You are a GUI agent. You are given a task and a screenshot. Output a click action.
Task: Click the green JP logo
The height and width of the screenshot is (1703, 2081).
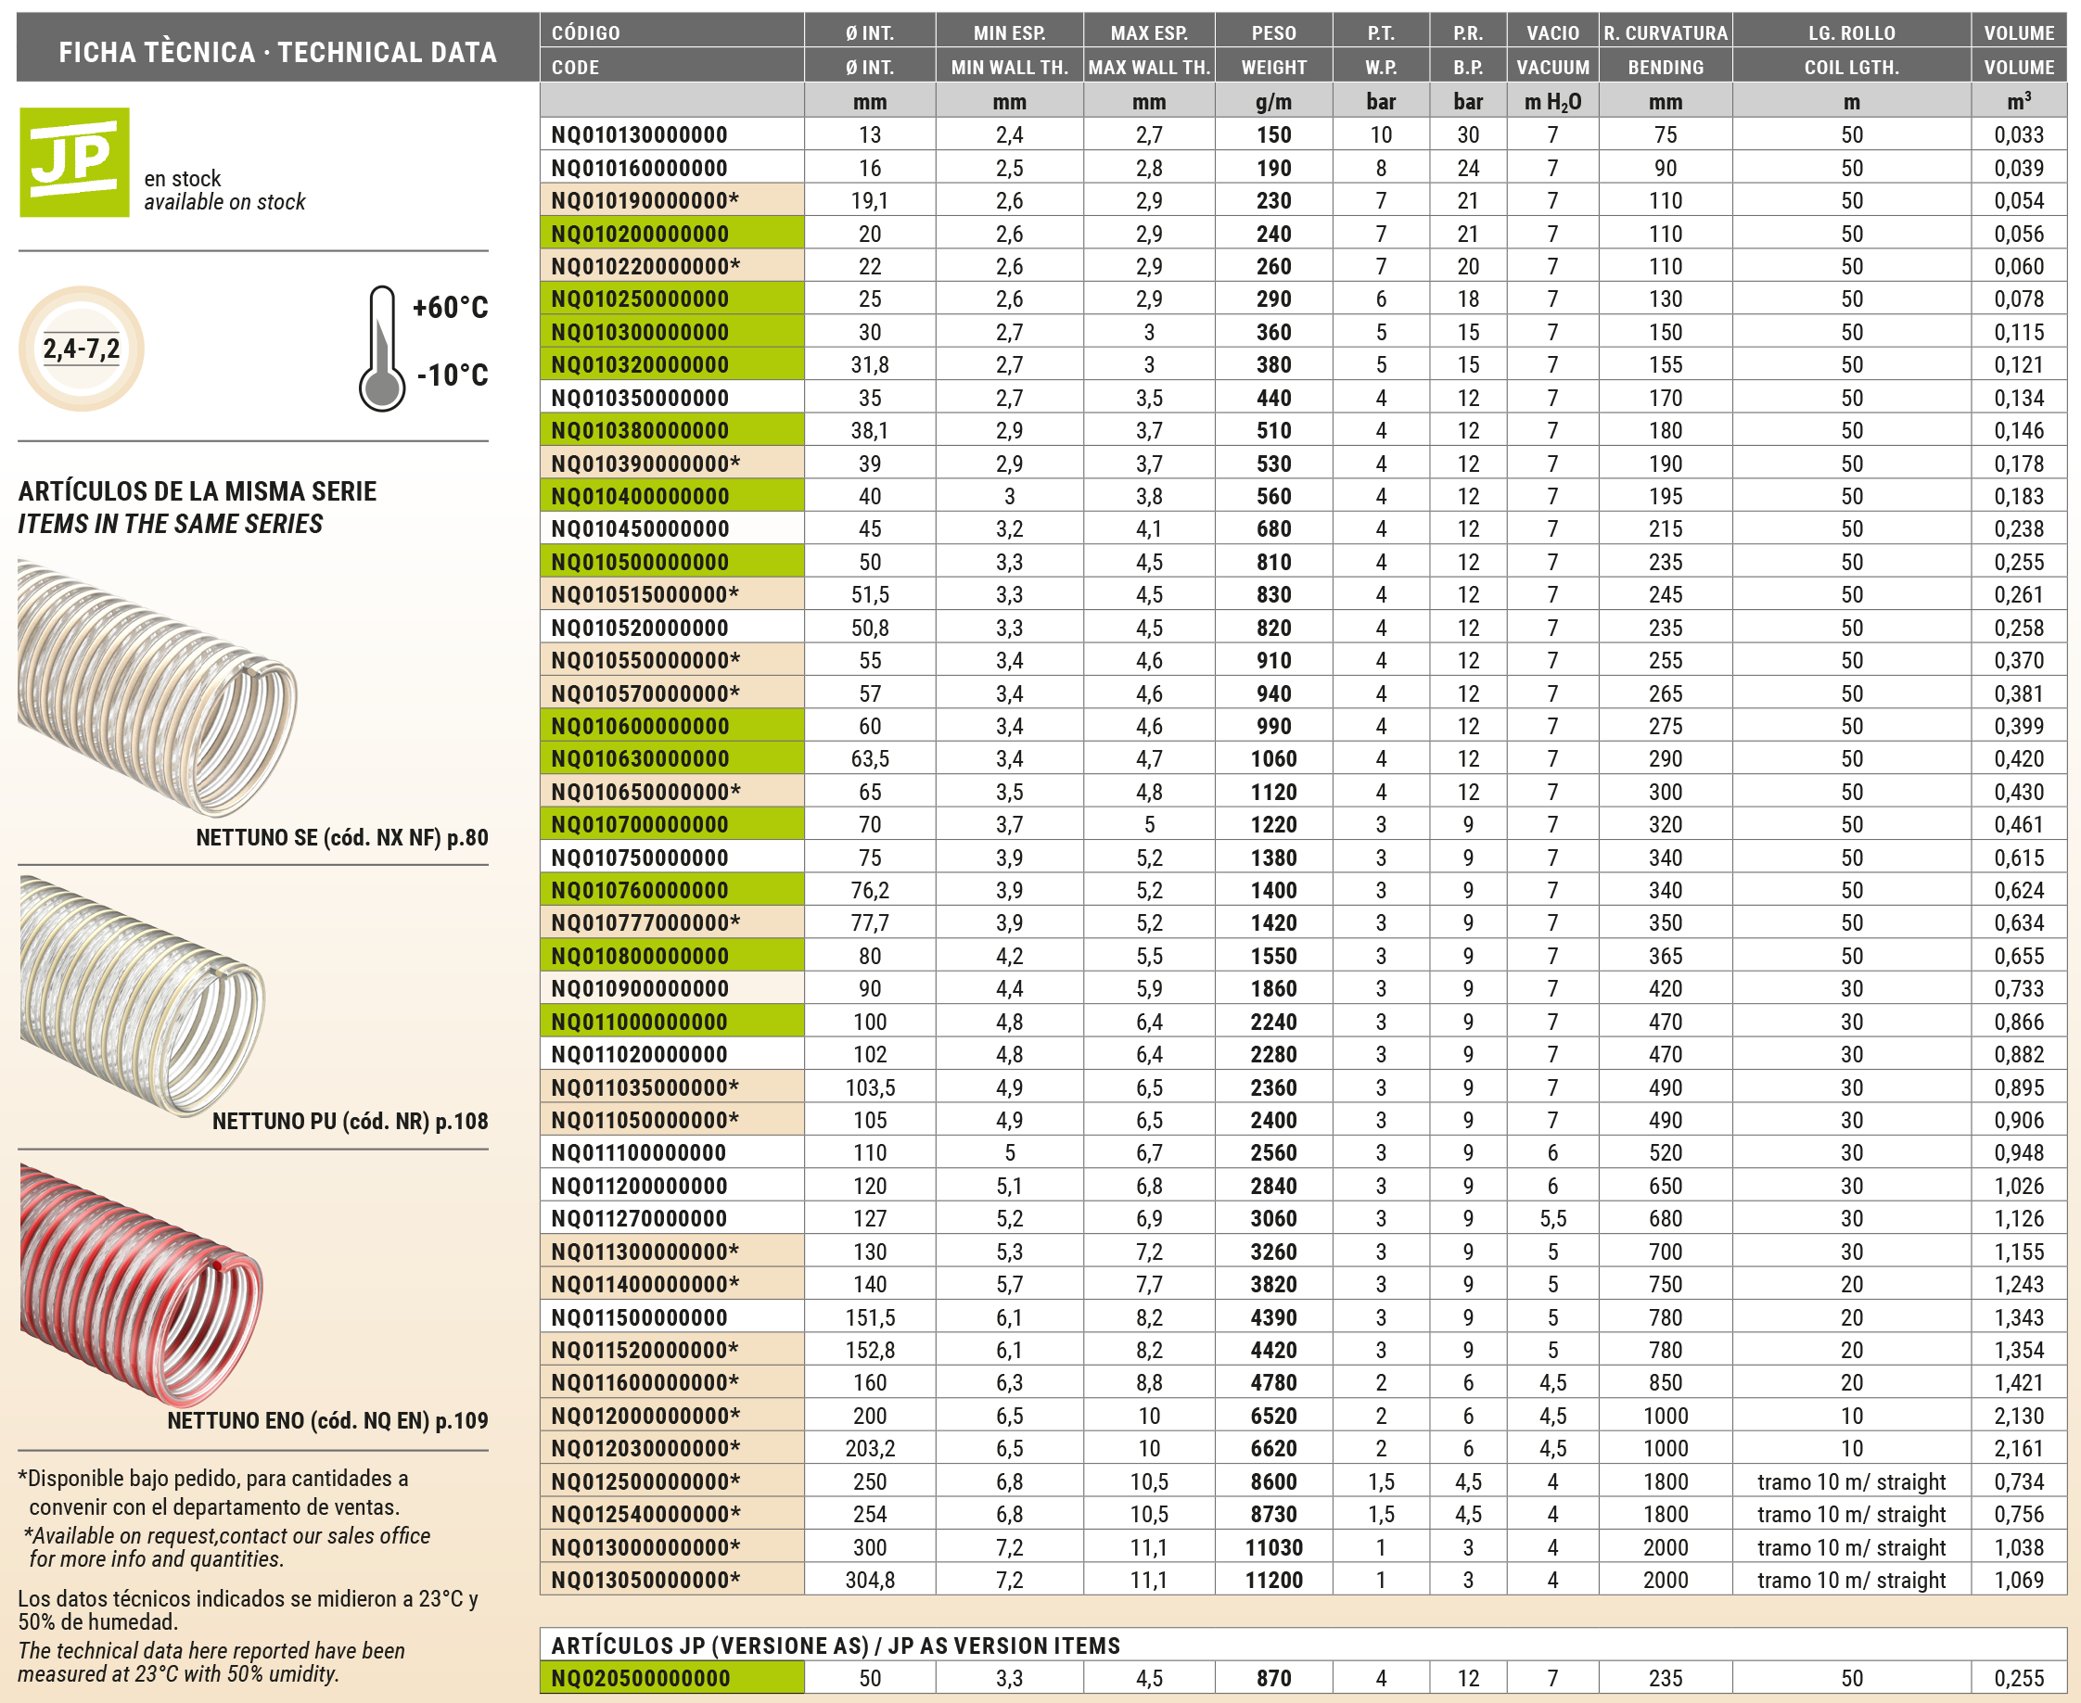(x=74, y=162)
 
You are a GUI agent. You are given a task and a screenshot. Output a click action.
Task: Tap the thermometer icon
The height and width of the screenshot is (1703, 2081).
(x=382, y=349)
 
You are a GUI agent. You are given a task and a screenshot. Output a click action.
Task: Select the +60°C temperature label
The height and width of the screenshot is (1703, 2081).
(x=451, y=307)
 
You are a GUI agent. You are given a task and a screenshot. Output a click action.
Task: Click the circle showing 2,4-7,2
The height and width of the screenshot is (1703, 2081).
(x=82, y=349)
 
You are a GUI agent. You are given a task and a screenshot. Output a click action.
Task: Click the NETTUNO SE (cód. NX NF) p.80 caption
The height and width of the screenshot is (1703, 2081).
(x=341, y=838)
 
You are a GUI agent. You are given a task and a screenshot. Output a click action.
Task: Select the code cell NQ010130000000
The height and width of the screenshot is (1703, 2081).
(x=640, y=134)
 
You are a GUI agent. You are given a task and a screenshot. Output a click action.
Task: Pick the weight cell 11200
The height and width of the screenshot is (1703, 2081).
(x=1273, y=1580)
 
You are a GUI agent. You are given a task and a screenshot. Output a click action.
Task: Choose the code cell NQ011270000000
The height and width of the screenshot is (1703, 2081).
(x=640, y=1218)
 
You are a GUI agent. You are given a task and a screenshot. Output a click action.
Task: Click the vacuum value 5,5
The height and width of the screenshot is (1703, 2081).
(x=1552, y=1218)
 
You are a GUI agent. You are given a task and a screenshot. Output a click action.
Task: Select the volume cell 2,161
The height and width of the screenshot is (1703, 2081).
(x=2018, y=1448)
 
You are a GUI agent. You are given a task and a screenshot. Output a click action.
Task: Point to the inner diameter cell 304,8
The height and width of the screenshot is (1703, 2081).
(x=869, y=1580)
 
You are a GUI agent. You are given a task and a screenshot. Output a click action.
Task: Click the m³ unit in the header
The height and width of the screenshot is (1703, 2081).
(x=2018, y=101)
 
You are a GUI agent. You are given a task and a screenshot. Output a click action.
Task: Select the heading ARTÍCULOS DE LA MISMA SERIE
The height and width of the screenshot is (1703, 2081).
(x=198, y=491)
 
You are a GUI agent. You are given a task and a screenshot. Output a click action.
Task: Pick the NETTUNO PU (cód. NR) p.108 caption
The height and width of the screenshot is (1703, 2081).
(x=350, y=1121)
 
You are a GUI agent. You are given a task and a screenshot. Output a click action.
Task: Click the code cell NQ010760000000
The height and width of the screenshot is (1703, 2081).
(x=640, y=890)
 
